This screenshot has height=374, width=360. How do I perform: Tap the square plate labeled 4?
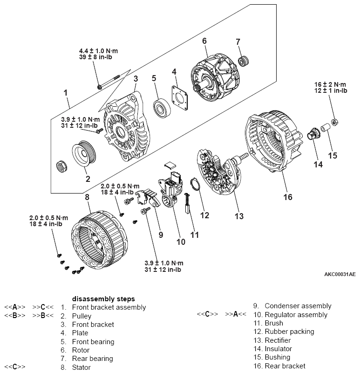coord(181,99)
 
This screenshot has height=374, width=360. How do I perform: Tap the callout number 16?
coord(288,197)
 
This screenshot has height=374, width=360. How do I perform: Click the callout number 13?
coord(239,216)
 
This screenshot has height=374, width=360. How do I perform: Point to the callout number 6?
coord(204,41)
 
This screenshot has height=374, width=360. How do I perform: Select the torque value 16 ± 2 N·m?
coord(331,84)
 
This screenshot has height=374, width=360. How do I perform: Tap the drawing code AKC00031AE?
coord(340,274)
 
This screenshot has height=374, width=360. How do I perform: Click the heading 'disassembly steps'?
coord(103,298)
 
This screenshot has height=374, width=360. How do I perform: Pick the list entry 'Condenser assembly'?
coord(298,306)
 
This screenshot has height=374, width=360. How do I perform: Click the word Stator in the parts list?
coord(82,367)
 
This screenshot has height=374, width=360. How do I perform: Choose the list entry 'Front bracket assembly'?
coord(109,307)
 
